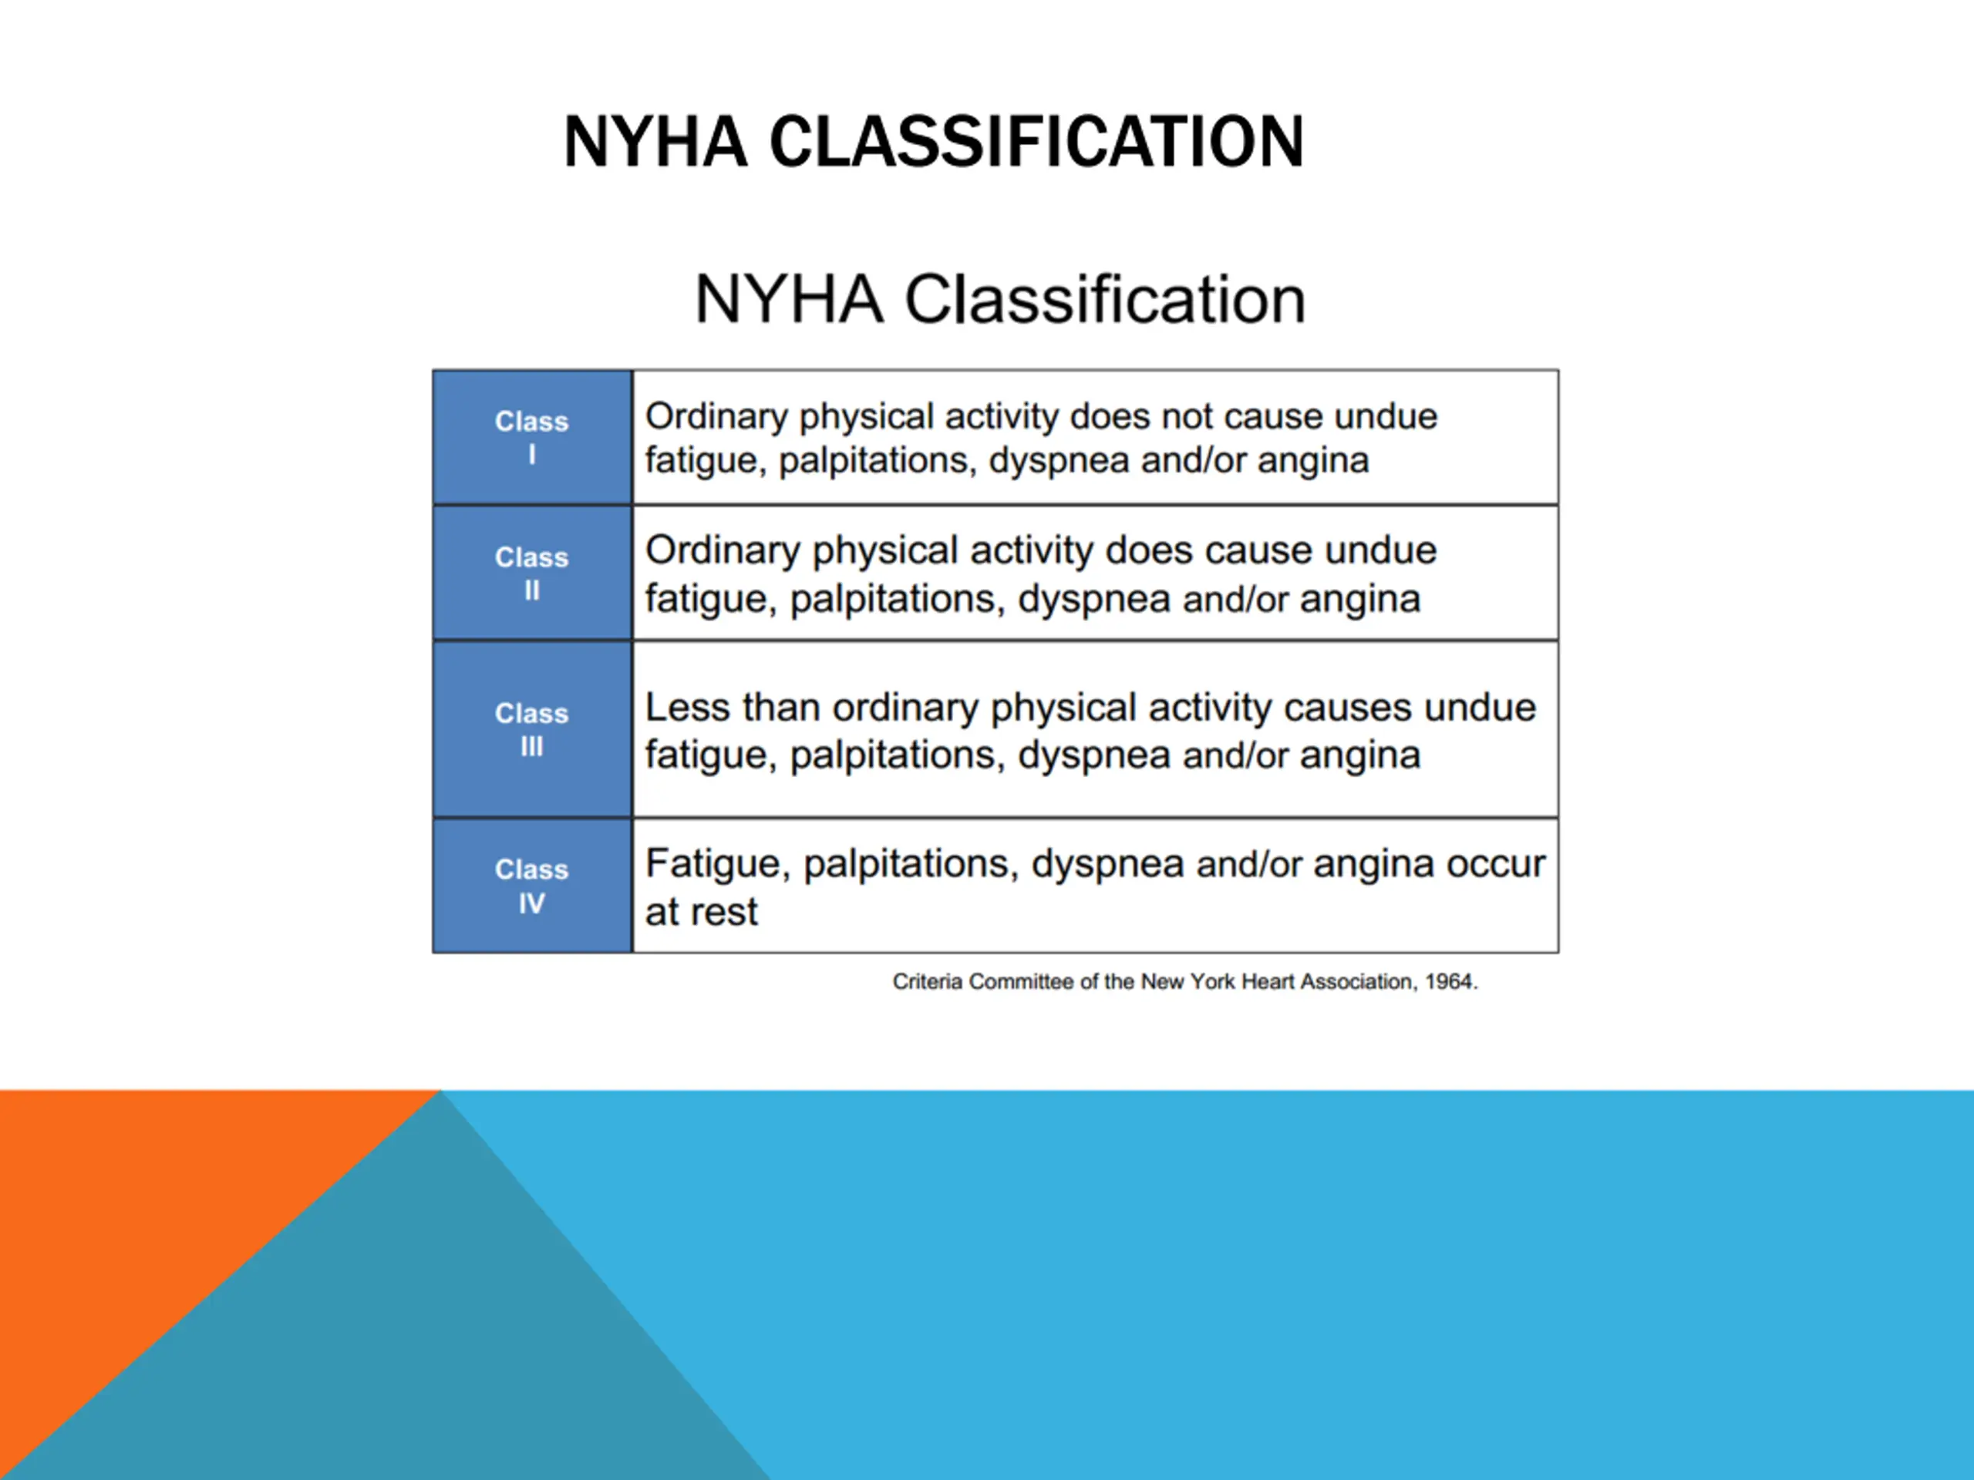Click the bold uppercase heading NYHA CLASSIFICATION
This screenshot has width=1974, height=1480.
(x=934, y=142)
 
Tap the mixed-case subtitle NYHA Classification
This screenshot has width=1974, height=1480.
(x=999, y=299)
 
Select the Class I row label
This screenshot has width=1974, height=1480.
(x=532, y=437)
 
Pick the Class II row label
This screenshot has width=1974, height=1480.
(x=532, y=573)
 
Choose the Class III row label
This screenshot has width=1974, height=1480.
(x=532, y=729)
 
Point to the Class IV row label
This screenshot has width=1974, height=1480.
(x=532, y=886)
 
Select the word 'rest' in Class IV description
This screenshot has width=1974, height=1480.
(x=723, y=913)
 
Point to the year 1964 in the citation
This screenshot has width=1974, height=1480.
(x=1451, y=982)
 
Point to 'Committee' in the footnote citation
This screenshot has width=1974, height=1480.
(x=1021, y=982)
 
